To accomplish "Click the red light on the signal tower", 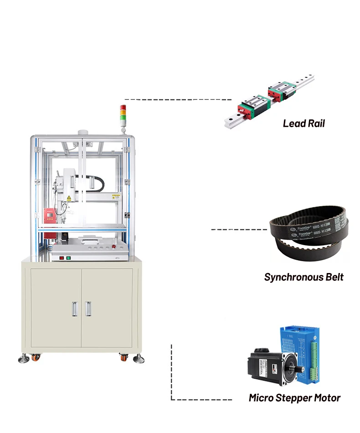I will point(122,108).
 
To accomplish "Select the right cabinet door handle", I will point(87,309).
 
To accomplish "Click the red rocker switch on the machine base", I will point(60,258).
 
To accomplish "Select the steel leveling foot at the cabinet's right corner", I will point(138,359).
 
